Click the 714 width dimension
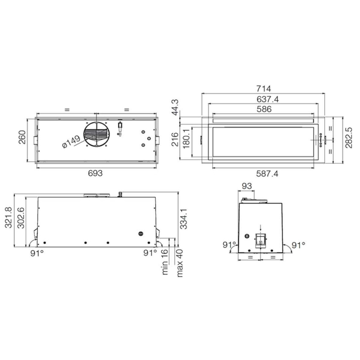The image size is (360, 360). coord(264,89)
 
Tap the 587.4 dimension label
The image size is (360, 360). coord(267,174)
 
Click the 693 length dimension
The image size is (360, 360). coord(95,173)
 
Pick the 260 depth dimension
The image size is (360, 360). coord(22,137)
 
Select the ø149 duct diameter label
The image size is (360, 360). coord(71,142)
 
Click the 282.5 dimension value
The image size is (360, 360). coord(348,138)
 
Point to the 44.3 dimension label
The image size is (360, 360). coord(175,108)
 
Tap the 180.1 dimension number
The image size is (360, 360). coord(186,139)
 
